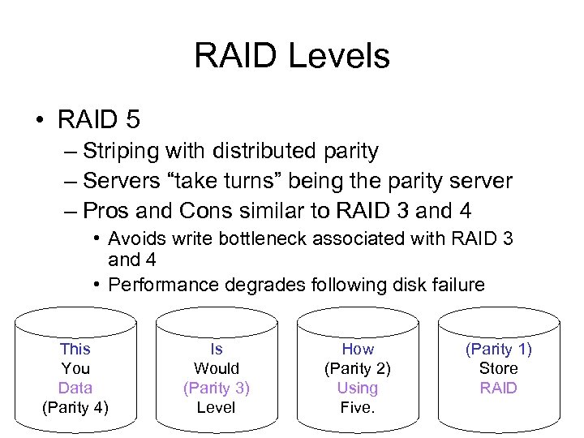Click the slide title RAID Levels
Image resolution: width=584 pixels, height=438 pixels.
click(292, 57)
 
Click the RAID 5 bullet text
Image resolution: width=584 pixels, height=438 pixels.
click(99, 120)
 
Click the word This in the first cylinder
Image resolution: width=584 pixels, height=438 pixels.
click(75, 349)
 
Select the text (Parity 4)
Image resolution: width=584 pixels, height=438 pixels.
click(75, 407)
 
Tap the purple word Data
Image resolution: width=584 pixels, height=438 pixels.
click(75, 388)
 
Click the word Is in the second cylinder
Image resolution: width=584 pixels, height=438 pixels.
click(217, 349)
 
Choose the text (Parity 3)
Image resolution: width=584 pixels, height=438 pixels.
click(217, 388)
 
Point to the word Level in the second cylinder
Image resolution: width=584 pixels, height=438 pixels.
click(217, 407)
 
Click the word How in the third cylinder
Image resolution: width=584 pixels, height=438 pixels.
click(358, 349)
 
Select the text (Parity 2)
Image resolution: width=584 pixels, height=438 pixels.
click(358, 368)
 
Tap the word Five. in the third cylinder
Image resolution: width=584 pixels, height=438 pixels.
click(358, 407)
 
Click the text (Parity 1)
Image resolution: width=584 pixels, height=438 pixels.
click(498, 349)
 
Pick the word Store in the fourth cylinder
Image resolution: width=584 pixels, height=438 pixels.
click(498, 368)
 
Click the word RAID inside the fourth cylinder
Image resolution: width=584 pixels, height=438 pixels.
click(498, 388)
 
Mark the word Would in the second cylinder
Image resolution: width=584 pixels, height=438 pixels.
click(217, 368)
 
